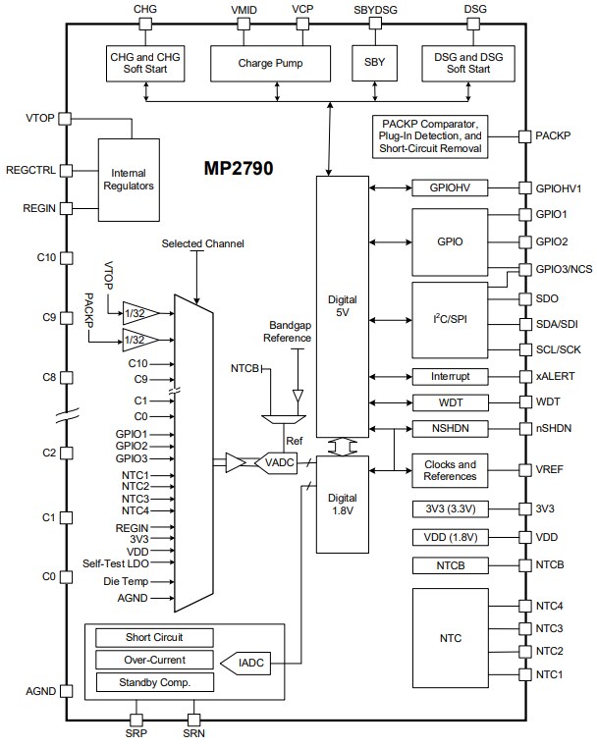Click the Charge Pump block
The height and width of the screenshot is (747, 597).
[x=270, y=63]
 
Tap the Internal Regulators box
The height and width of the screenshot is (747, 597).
[x=129, y=179]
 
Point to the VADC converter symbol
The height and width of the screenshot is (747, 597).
[x=275, y=461]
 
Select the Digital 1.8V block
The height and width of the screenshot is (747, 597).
[x=341, y=503]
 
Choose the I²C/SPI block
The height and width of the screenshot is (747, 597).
[x=451, y=319]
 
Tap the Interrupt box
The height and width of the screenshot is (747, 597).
[x=451, y=376]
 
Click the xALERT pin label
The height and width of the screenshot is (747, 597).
[x=556, y=376]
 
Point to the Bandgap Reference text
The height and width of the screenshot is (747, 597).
[x=287, y=331]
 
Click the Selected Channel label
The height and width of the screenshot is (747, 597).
[x=203, y=243]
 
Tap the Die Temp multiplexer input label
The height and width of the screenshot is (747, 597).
[x=126, y=581]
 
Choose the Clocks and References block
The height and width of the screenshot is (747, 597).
[x=451, y=470]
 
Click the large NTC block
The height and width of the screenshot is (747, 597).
[x=451, y=639]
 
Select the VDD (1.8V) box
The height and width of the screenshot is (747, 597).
[x=451, y=537]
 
